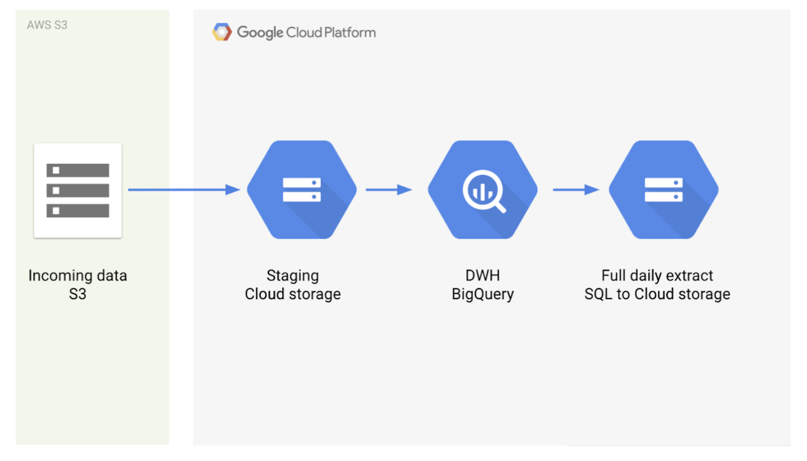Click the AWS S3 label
[47, 25]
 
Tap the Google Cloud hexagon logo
[222, 32]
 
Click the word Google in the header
[260, 32]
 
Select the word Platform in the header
[350, 32]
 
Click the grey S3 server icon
[78, 191]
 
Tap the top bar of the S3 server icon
[78, 171]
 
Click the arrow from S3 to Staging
[184, 190]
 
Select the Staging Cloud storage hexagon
[302, 190]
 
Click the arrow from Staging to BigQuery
[389, 190]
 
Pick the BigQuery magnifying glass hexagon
[483, 190]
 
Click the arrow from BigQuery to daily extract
[576, 190]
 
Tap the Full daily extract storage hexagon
[664, 190]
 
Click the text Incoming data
[78, 276]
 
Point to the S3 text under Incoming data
[78, 294]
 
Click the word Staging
[293, 276]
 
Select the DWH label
[483, 275]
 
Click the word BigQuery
[483, 295]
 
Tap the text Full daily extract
[657, 276]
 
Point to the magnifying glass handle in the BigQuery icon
[500, 207]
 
